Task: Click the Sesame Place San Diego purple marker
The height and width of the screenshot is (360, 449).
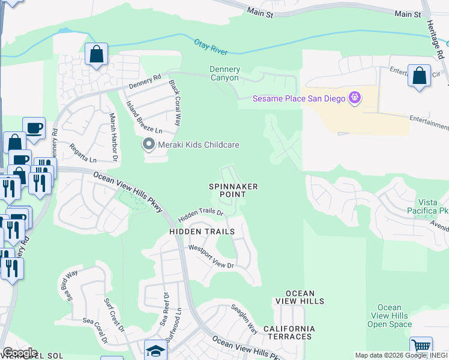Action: click(x=355, y=97)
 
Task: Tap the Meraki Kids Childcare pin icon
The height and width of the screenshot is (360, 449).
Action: click(x=148, y=145)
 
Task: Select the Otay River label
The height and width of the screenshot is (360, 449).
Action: click(x=212, y=46)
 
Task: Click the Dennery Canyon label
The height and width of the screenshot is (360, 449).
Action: click(x=224, y=74)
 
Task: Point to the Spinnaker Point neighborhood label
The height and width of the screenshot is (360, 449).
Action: click(x=234, y=190)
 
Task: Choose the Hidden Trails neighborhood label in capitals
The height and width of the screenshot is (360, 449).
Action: click(x=197, y=231)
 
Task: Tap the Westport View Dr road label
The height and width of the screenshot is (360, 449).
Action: click(x=210, y=256)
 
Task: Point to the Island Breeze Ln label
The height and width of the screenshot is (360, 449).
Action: click(x=144, y=118)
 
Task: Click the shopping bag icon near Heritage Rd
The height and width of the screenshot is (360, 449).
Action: click(x=420, y=76)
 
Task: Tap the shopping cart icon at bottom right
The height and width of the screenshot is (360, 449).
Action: click(x=421, y=347)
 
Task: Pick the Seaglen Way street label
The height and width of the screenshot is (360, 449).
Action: click(x=244, y=319)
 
